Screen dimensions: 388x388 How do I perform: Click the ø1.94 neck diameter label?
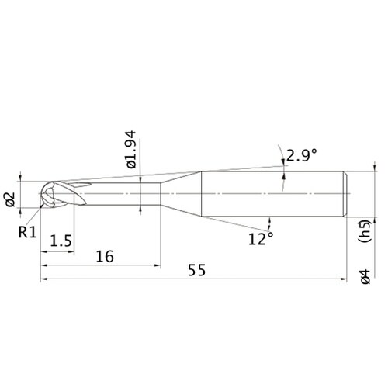(131, 150)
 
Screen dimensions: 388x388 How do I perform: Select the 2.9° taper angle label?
(301, 155)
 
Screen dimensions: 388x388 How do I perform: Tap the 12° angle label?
(261, 238)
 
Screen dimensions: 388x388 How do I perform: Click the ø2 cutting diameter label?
(11, 199)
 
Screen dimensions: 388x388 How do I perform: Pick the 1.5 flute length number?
(61, 241)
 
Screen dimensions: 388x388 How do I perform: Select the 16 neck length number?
(105, 256)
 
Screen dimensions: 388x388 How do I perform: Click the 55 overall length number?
(197, 270)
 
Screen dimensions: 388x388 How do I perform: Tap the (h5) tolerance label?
(365, 231)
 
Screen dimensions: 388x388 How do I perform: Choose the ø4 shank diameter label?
(365, 277)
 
